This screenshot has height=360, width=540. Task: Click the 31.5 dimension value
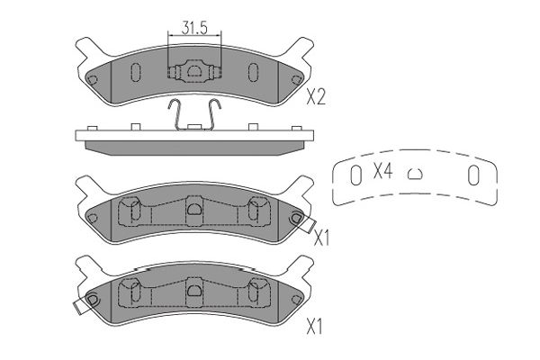tap(194, 28)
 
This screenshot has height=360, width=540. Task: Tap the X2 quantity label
tap(316, 96)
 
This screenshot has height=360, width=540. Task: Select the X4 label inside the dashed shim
tap(383, 170)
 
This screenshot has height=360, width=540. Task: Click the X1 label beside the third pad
tap(321, 238)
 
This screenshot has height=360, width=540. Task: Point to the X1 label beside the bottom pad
tap(315, 327)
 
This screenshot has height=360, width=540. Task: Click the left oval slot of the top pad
tap(136, 72)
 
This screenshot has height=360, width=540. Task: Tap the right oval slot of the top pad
tap(253, 72)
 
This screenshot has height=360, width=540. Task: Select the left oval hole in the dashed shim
tap(355, 175)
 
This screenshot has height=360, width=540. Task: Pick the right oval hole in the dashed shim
tap(473, 175)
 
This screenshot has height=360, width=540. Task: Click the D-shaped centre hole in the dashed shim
tap(415, 174)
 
